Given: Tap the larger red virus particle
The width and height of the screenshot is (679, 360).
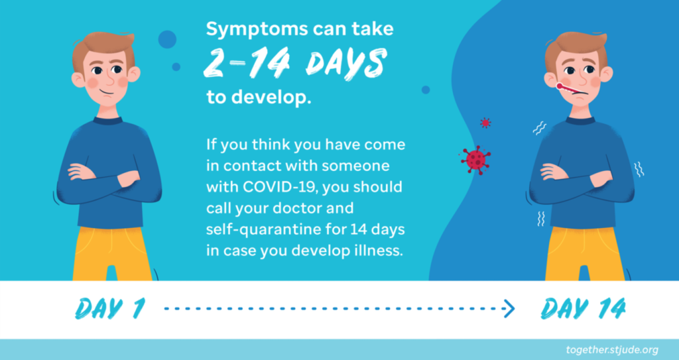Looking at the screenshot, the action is pyautogui.click(x=476, y=160).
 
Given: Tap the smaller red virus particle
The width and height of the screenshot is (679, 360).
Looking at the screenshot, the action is pyautogui.click(x=485, y=123).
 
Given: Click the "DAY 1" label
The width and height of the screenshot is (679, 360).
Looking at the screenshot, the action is pyautogui.click(x=109, y=309).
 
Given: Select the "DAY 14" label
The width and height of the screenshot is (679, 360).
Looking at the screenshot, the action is pyautogui.click(x=583, y=309).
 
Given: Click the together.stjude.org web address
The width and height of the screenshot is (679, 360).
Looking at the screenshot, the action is pyautogui.click(x=612, y=350).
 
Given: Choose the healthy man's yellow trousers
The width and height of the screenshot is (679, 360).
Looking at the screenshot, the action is pyautogui.click(x=111, y=253).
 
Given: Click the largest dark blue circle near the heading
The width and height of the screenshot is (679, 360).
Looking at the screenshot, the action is pyautogui.click(x=167, y=39).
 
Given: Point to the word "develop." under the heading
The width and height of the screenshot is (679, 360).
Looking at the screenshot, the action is pyautogui.click(x=271, y=98).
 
